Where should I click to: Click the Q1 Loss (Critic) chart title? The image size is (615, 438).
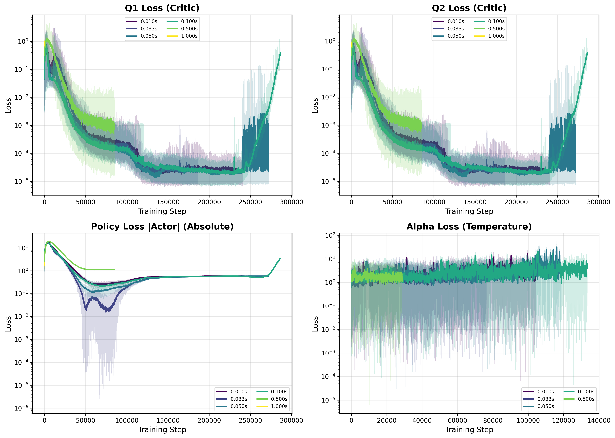(162, 8)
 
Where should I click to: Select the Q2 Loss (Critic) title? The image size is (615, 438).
(469, 8)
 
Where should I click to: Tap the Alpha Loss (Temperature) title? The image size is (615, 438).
(469, 227)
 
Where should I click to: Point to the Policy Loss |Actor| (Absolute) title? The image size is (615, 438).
(162, 227)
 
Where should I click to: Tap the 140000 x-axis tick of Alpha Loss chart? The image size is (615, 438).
(599, 420)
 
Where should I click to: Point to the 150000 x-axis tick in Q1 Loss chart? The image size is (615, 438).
(168, 202)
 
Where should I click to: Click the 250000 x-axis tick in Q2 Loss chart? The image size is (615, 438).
(557, 202)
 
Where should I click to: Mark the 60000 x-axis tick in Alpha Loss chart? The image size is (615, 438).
(457, 420)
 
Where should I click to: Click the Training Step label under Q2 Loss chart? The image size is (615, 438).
(469, 211)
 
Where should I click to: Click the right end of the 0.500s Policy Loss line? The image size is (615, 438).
(115, 269)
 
